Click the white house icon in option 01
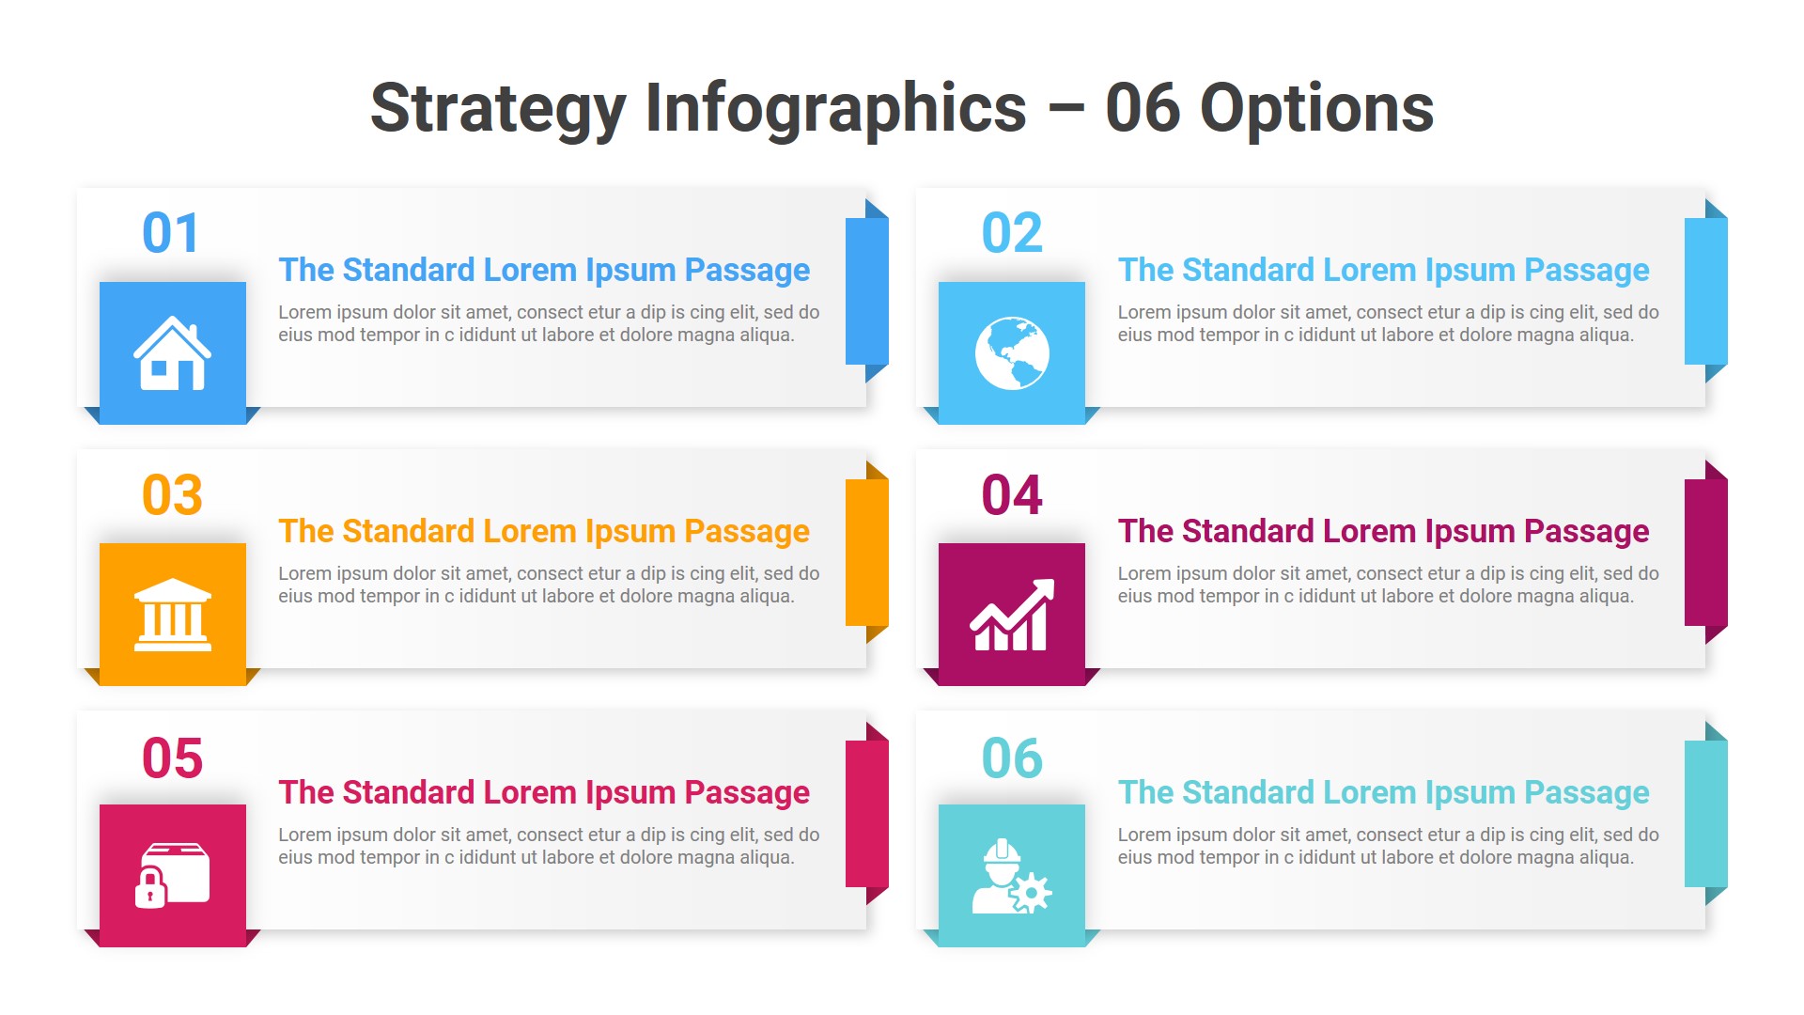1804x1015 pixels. coord(172,353)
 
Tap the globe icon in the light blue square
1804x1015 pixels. coord(1012,353)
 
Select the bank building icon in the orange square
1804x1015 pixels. coord(173,615)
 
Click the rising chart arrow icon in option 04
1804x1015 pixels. coord(1012,615)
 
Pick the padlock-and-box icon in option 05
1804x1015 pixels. coord(173,875)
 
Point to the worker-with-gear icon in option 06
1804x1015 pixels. coord(1011,876)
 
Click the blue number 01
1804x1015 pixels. coord(171,233)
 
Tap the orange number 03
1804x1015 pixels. coord(172,495)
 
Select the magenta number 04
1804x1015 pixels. coord(1012,495)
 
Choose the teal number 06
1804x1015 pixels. coord(1012,757)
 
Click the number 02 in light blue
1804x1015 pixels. coord(1012,233)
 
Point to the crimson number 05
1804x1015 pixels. coord(172,757)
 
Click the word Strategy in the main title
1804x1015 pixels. coord(497,109)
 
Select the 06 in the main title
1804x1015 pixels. coord(1142,109)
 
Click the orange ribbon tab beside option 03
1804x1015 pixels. coord(866,553)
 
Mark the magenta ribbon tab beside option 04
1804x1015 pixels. coord(1705,553)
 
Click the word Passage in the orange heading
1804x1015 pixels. coord(747,532)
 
